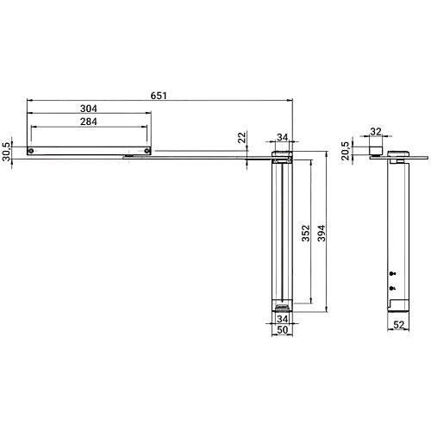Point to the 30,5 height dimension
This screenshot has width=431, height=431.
click(x=8, y=151)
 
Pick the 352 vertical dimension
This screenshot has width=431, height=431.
click(x=306, y=235)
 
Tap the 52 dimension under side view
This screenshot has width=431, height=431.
click(x=399, y=324)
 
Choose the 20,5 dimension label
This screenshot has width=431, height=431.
click(x=346, y=149)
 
